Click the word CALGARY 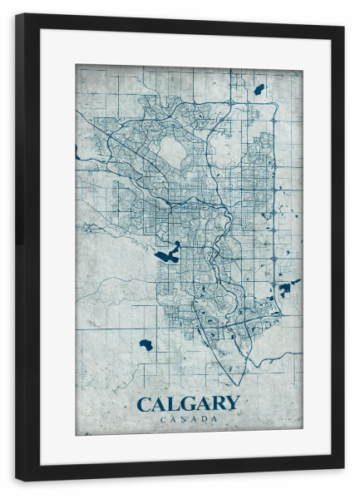(x=188, y=404)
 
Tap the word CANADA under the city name (x=188, y=419)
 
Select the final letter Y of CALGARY (x=231, y=404)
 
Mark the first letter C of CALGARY (x=144, y=404)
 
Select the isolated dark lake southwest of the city (x=146, y=344)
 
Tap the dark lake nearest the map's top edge (x=259, y=89)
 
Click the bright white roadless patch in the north (x=173, y=151)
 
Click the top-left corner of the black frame (x=17, y=16)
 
